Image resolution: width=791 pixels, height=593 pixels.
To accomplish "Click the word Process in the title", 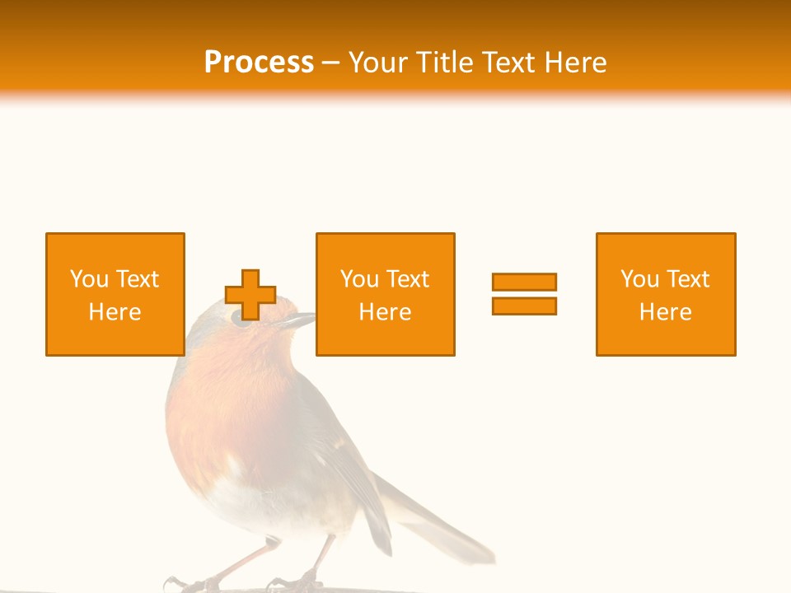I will (259, 62).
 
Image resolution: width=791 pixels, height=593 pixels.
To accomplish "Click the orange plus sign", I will (250, 295).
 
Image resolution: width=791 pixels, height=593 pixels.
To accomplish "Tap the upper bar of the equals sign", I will (524, 282).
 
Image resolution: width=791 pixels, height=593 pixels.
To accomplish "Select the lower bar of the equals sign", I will (524, 306).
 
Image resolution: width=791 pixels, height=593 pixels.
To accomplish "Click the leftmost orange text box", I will (115, 294).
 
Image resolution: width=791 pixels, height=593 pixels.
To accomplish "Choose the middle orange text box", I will (385, 294).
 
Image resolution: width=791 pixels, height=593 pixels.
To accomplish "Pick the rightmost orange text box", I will (666, 294).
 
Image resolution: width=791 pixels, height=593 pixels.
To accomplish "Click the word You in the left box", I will (88, 279).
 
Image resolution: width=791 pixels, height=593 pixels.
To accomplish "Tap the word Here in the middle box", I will (385, 312).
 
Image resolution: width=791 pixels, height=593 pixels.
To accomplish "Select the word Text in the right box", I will (687, 279).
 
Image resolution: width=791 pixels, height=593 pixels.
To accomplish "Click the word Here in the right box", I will (666, 312).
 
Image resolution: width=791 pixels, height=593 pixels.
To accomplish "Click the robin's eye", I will (243, 320).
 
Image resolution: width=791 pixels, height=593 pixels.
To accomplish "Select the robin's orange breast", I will (222, 412).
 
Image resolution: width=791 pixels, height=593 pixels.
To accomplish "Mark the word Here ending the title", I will (576, 62).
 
